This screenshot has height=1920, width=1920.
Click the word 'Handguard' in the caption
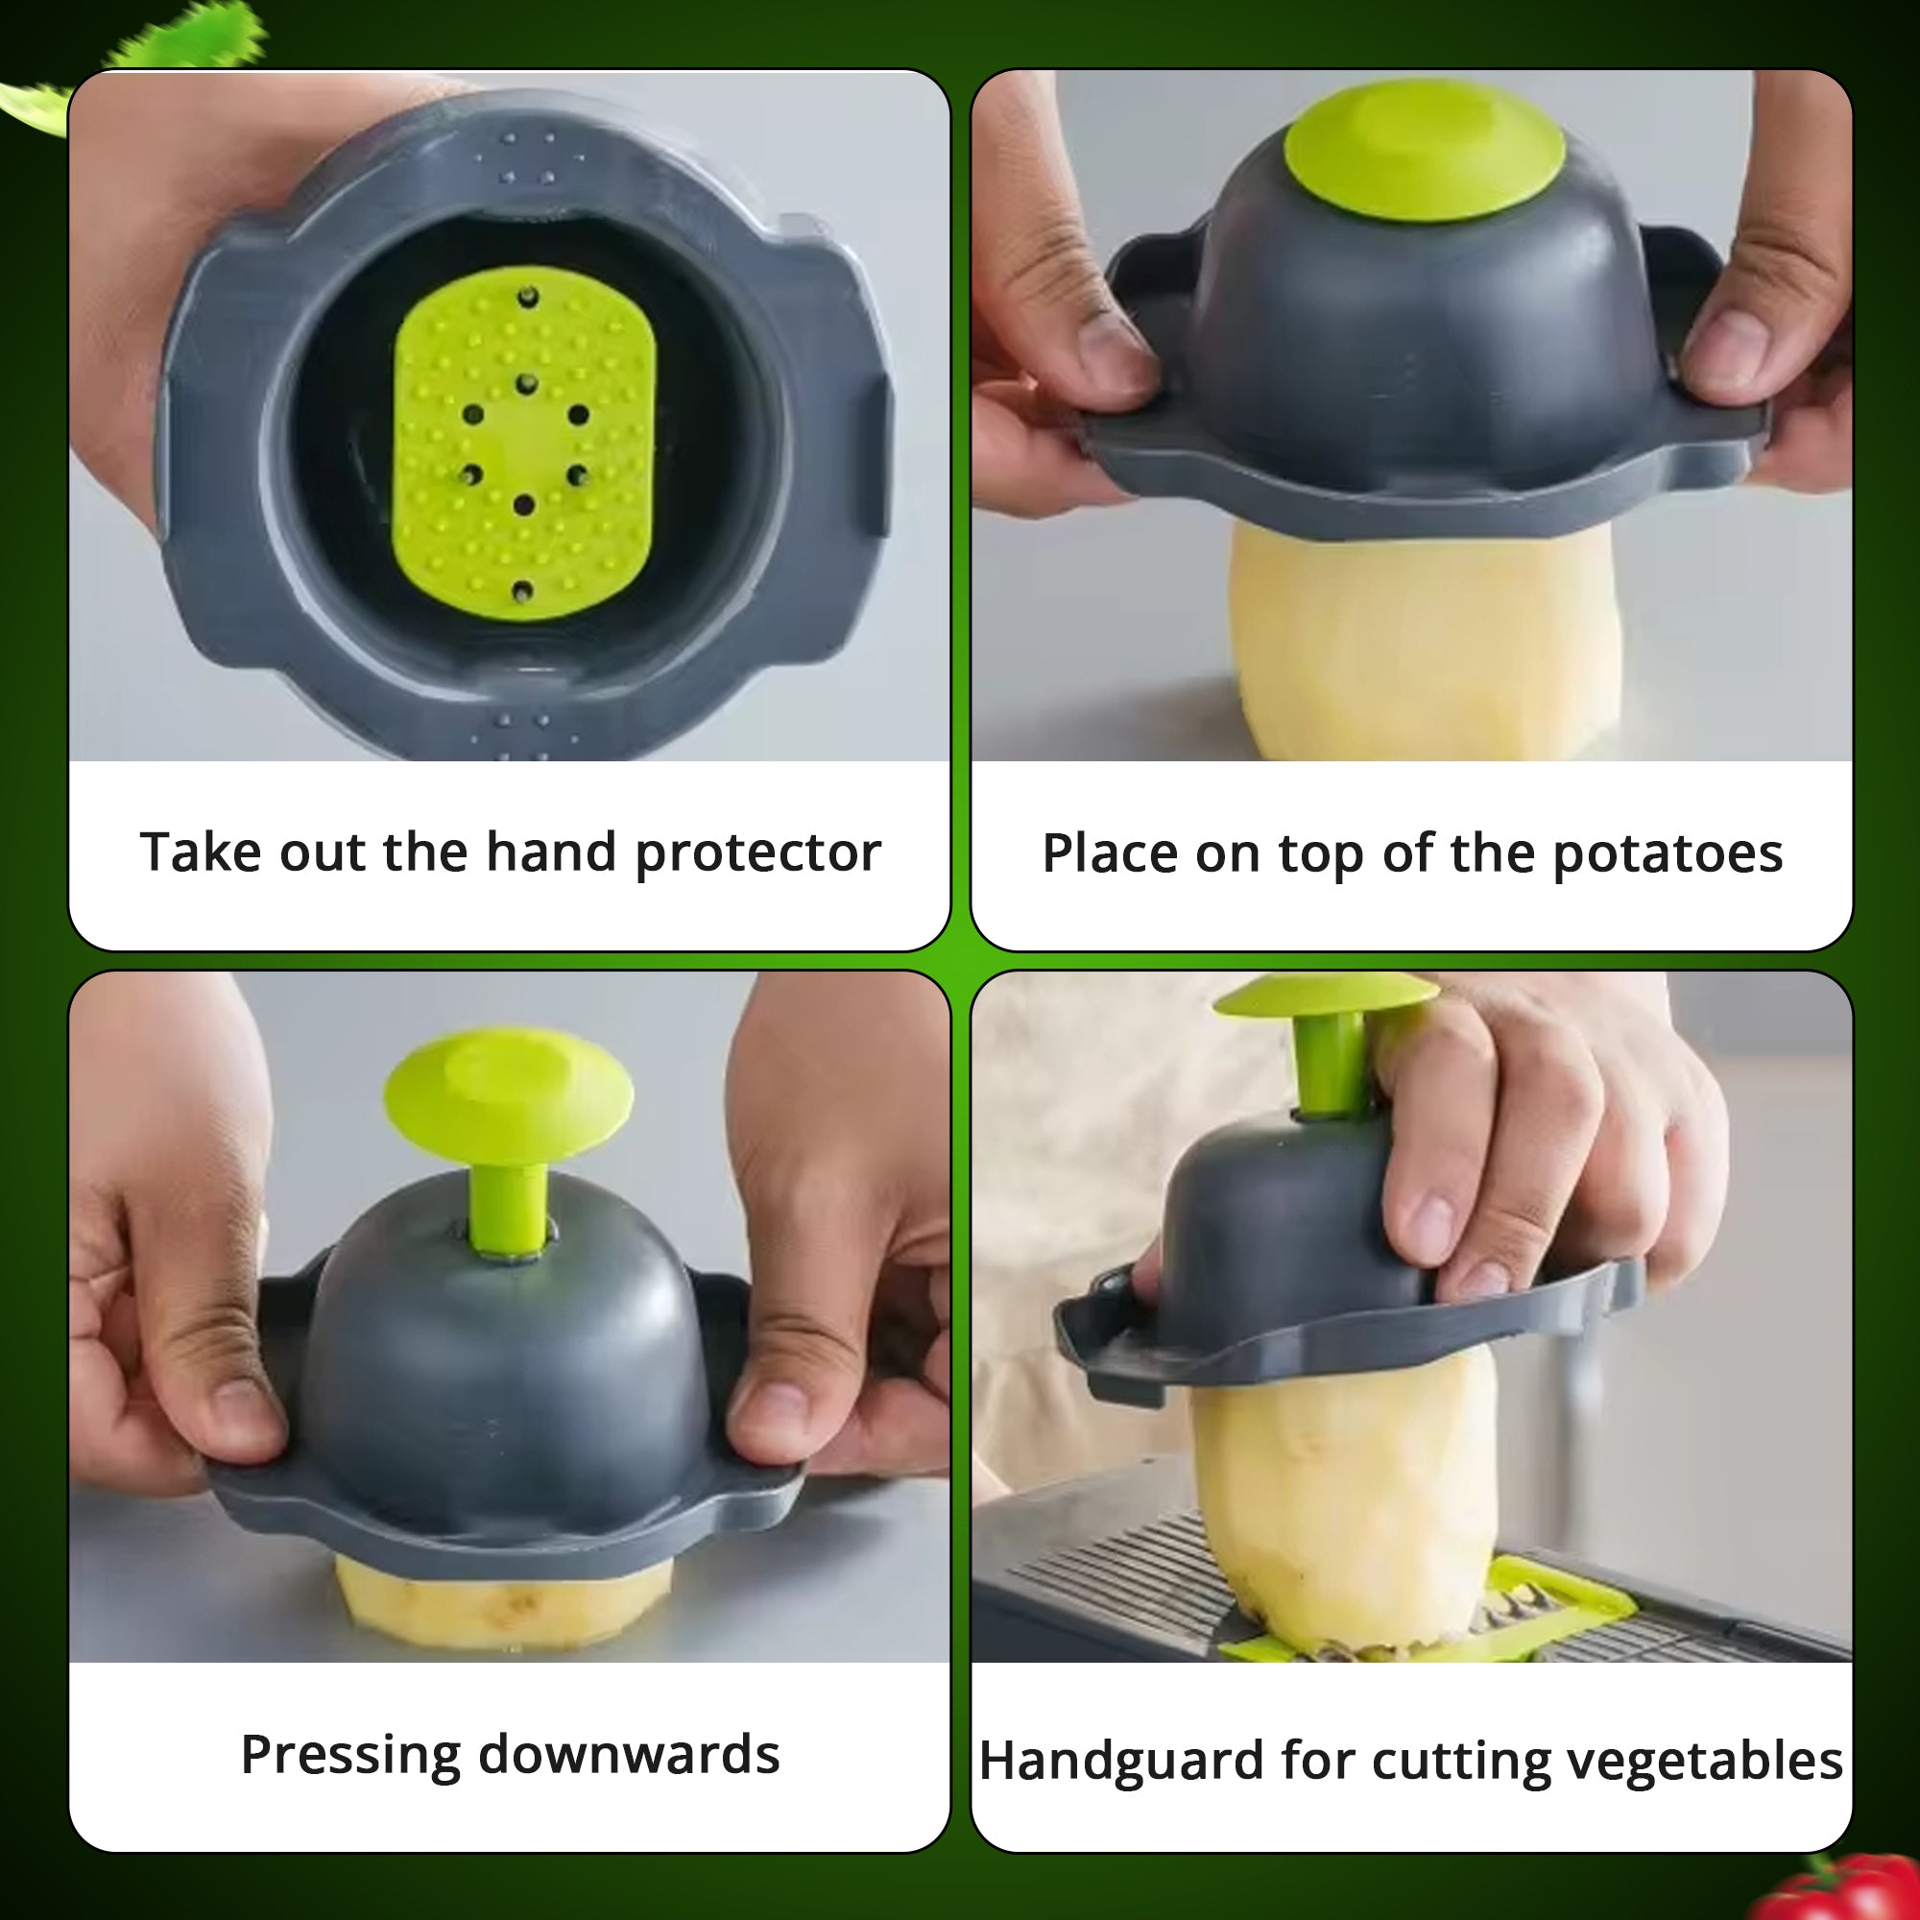(x=1120, y=1761)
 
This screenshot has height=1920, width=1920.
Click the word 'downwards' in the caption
(x=628, y=1755)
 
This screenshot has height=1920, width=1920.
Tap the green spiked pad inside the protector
(x=524, y=443)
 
